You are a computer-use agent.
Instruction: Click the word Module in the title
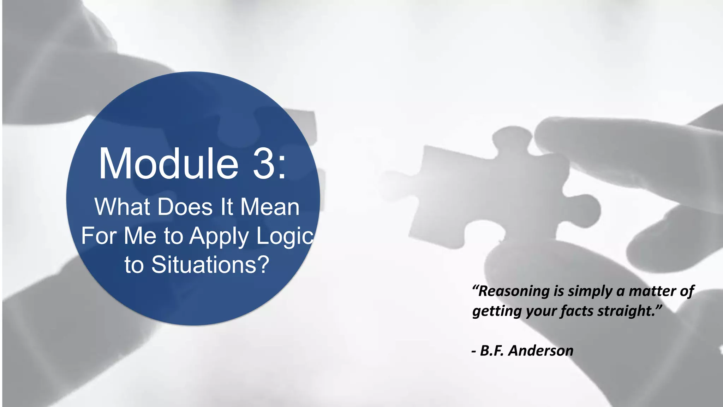coord(169,164)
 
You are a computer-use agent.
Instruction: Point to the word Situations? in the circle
coord(210,265)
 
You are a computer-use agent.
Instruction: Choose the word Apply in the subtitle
coord(219,236)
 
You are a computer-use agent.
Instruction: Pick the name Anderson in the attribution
coord(541,351)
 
